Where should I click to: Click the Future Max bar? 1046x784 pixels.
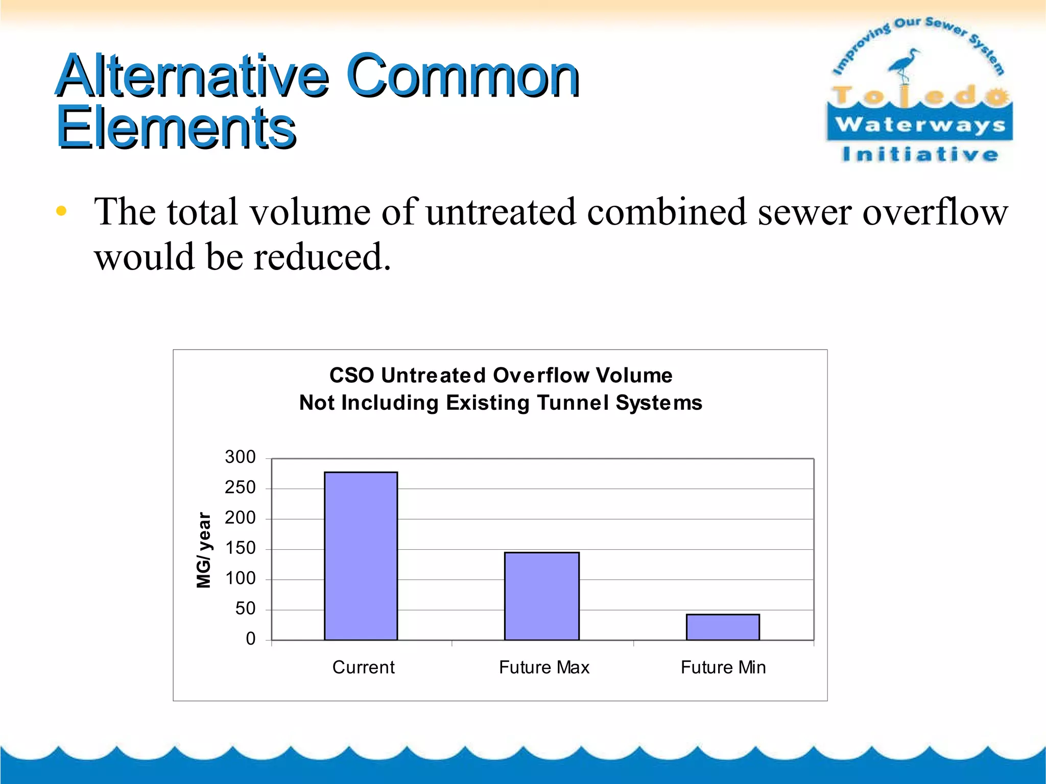pyautogui.click(x=541, y=596)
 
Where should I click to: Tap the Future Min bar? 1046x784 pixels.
pyautogui.click(x=722, y=627)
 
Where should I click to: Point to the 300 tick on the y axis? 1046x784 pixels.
pyautogui.click(x=240, y=457)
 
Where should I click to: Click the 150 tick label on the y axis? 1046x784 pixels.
pyautogui.click(x=240, y=548)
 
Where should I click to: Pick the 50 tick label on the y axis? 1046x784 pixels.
pyautogui.click(x=245, y=608)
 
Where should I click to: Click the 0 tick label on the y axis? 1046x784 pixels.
pyautogui.click(x=250, y=639)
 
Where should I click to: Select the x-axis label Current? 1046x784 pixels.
pyautogui.click(x=363, y=667)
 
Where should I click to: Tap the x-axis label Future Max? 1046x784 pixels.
pyautogui.click(x=544, y=667)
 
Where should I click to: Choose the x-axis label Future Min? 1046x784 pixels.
pyautogui.click(x=723, y=667)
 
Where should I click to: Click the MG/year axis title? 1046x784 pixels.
pyautogui.click(x=204, y=550)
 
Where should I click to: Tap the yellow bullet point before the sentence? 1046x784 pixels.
pyautogui.click(x=61, y=211)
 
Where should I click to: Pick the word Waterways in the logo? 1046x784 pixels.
pyautogui.click(x=920, y=124)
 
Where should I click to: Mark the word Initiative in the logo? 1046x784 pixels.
pyautogui.click(x=920, y=154)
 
